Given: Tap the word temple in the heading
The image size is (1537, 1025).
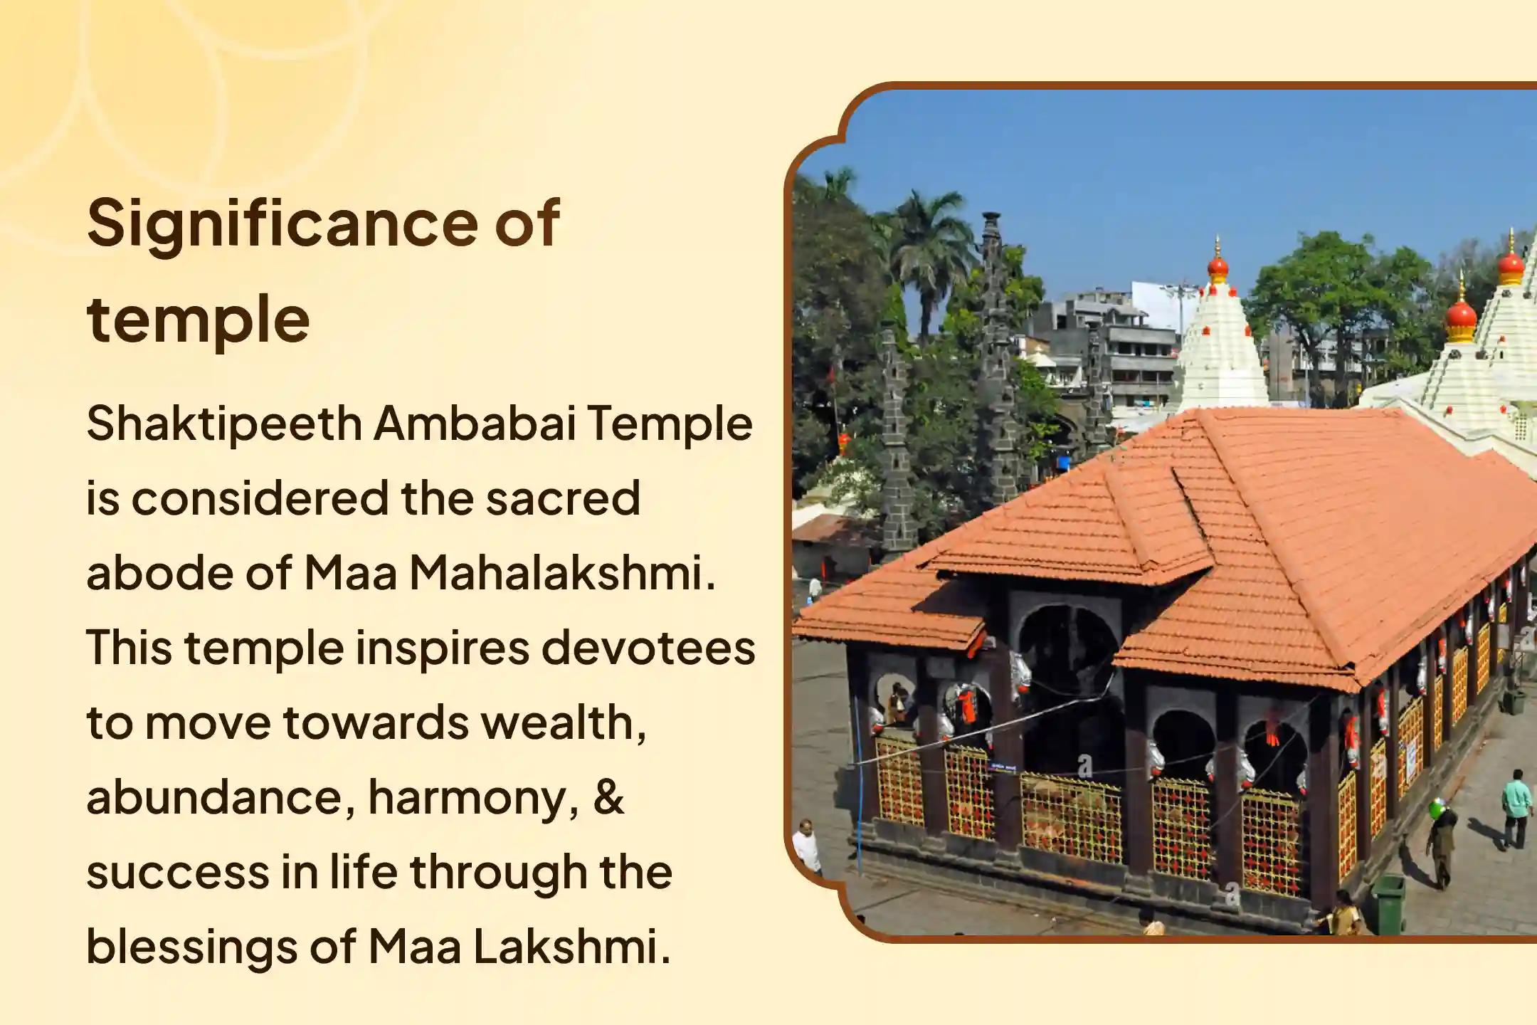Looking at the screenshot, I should pyautogui.click(x=199, y=320).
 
